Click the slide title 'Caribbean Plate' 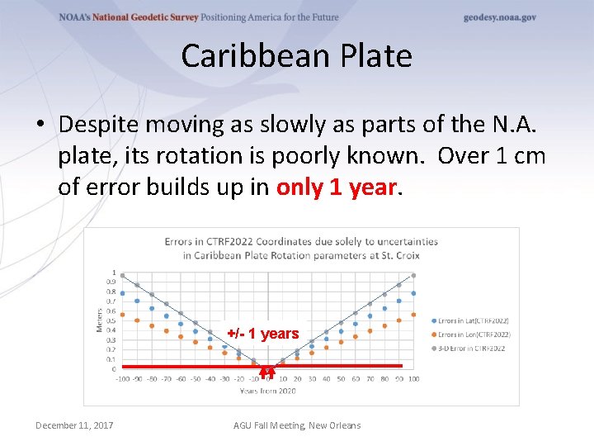pyautogui.click(x=296, y=56)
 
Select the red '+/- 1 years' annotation pyautogui.click(x=262, y=334)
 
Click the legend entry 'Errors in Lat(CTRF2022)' pyautogui.click(x=473, y=320)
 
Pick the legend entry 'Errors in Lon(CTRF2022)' pyautogui.click(x=473, y=334)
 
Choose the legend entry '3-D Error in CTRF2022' pyautogui.click(x=470, y=349)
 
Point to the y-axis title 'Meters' pyautogui.click(x=99, y=320)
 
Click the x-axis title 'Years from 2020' pyautogui.click(x=268, y=390)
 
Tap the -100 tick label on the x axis pyautogui.click(x=123, y=379)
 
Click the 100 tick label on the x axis pyautogui.click(x=414, y=379)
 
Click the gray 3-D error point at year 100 pyautogui.click(x=414, y=276)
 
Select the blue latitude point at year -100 pyautogui.click(x=123, y=293)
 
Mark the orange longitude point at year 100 pyautogui.click(x=414, y=315)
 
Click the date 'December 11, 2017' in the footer pyautogui.click(x=74, y=425)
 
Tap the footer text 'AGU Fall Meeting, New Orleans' pyautogui.click(x=297, y=425)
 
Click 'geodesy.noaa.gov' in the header pyautogui.click(x=499, y=17)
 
